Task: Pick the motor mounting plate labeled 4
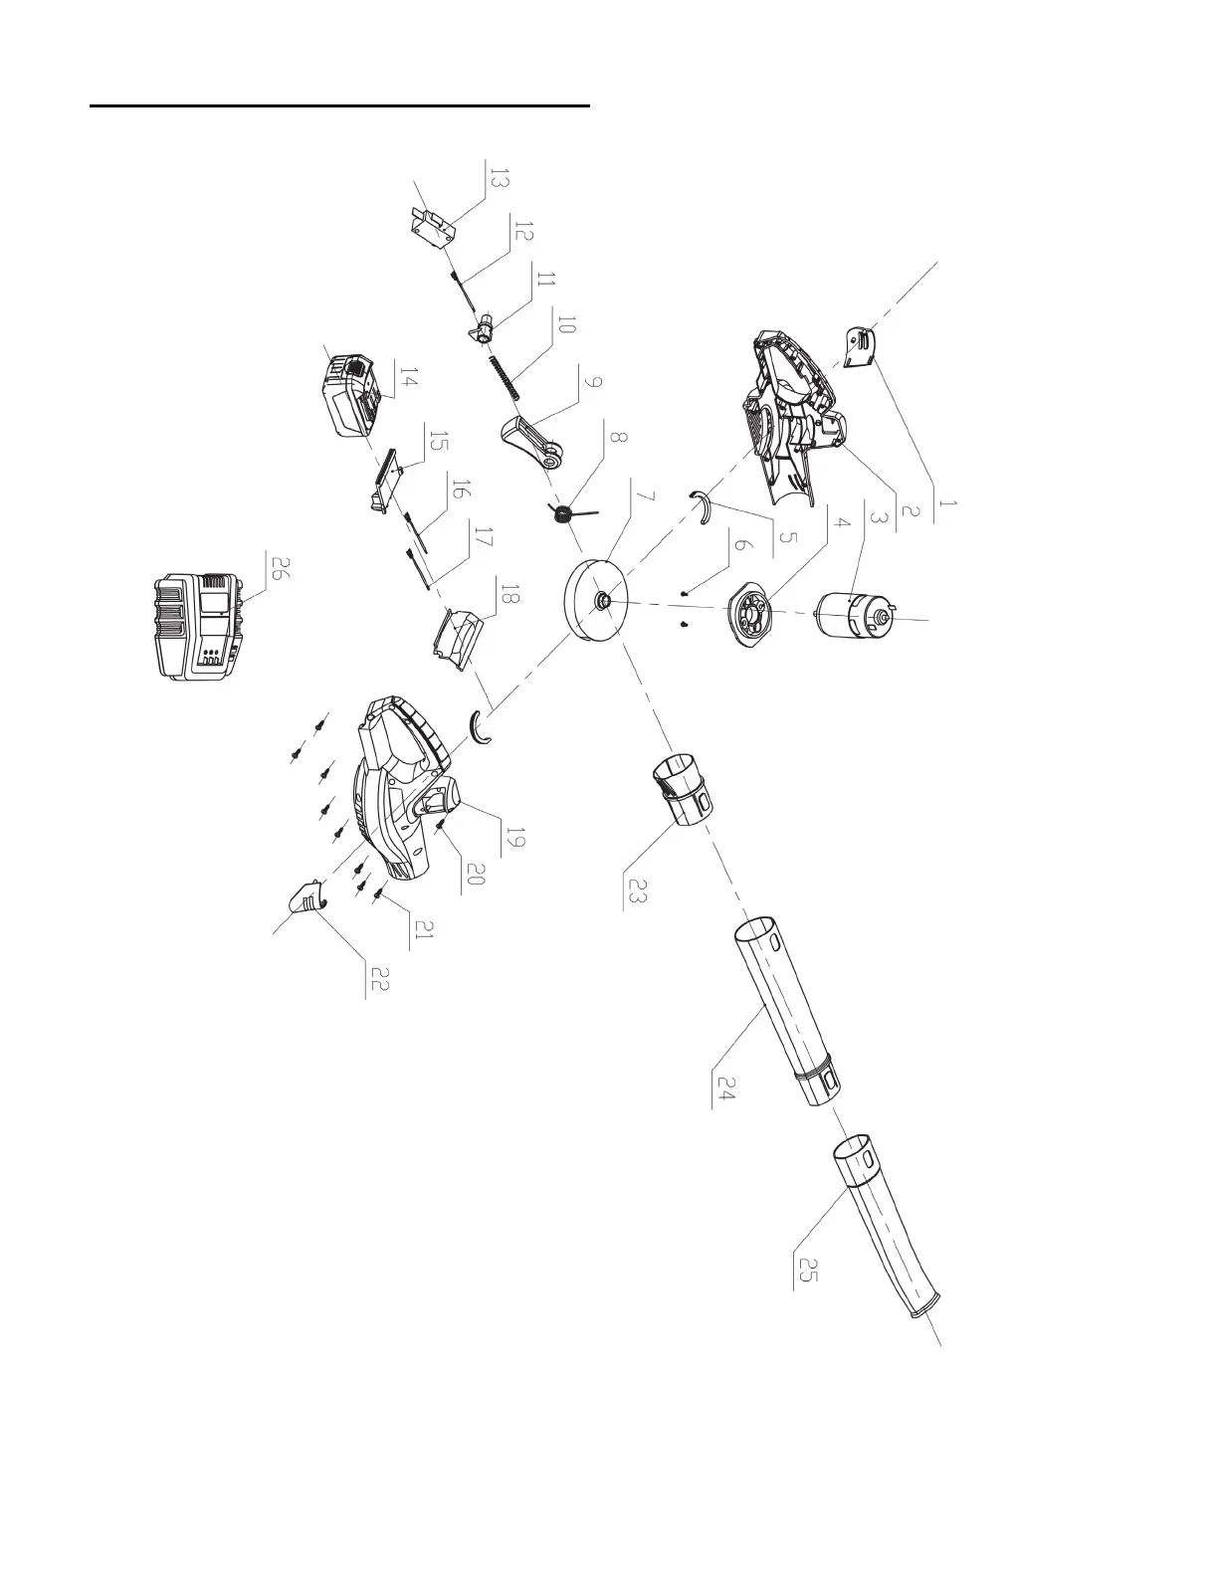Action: (757, 616)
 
